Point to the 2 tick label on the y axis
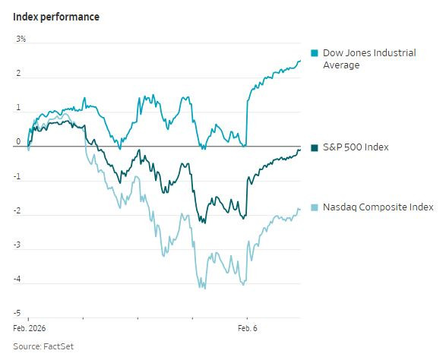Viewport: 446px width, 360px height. point(17,74)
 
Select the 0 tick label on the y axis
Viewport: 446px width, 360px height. point(17,141)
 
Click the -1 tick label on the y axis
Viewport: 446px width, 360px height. point(16,176)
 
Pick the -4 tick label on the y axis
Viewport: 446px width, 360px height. point(16,279)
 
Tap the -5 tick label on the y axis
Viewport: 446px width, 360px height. point(16,313)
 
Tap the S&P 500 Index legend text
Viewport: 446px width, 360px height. point(356,147)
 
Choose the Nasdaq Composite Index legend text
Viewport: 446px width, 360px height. point(378,207)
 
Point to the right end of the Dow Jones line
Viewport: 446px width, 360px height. point(300,61)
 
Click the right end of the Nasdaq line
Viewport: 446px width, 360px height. point(300,210)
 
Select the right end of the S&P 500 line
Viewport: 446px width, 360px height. point(300,150)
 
